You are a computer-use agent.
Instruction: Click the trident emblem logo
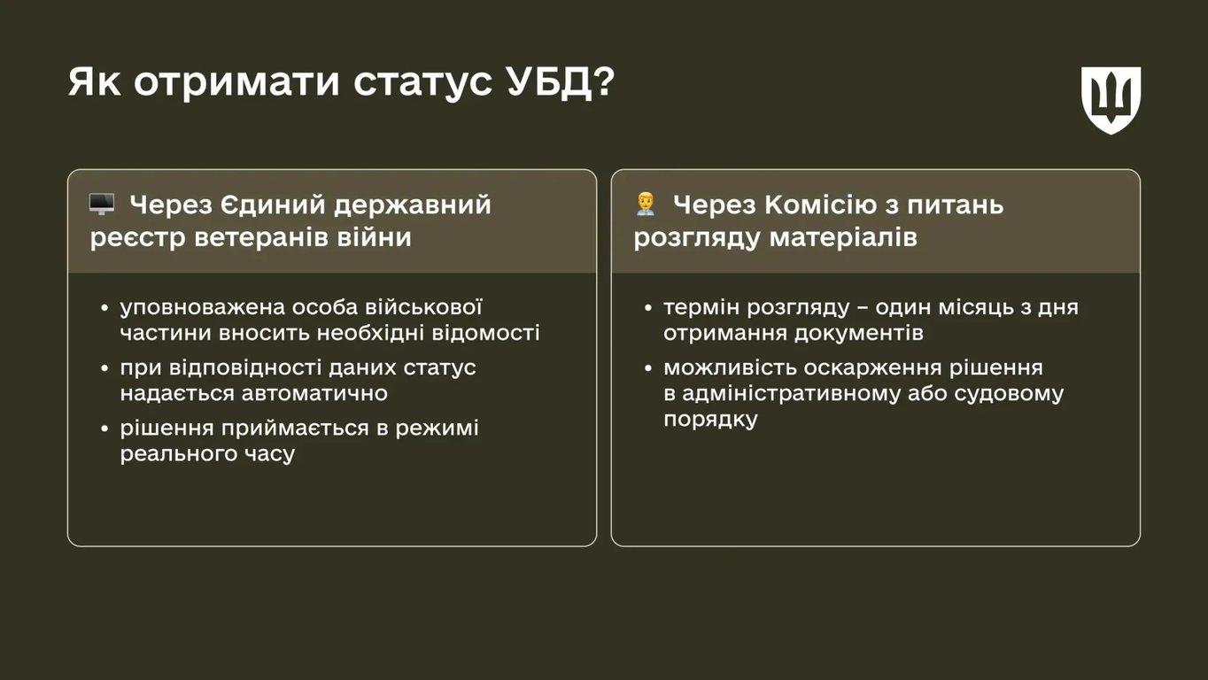(x=1111, y=99)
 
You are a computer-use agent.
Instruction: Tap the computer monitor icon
(x=102, y=205)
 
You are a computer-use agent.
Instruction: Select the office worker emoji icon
(x=645, y=205)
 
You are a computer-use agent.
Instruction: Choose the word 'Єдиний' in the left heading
(x=275, y=205)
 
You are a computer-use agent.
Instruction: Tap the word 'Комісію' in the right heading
(x=821, y=205)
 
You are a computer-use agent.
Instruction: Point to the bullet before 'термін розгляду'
(x=650, y=309)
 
